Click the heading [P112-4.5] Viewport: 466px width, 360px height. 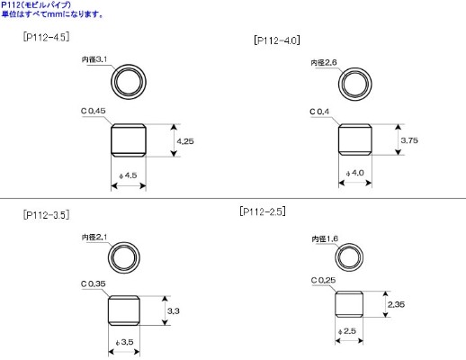click(47, 38)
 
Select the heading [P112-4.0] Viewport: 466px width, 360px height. click(278, 40)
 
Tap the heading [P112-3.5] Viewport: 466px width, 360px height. click(46, 215)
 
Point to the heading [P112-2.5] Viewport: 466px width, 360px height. click(263, 211)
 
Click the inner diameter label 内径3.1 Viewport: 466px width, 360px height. click(94, 59)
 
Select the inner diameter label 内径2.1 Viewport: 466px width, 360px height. click(94, 238)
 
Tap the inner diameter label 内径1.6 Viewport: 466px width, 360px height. click(325, 238)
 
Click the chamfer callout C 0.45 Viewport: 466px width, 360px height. click(94, 111)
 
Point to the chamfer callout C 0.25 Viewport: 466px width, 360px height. click(324, 280)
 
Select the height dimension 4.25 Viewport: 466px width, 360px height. click(186, 141)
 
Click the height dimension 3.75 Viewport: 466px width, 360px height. click(408, 141)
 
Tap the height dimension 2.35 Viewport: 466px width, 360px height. click(397, 304)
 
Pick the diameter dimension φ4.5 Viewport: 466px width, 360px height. click(130, 175)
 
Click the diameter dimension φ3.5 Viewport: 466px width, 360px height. click(124, 343)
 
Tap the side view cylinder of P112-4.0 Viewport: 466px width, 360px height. click(355, 140)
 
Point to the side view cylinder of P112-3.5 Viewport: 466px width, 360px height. click(125, 311)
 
